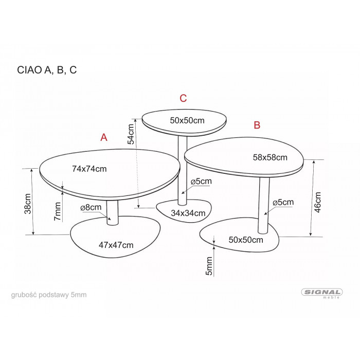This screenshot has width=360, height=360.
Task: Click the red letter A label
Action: click(x=104, y=137)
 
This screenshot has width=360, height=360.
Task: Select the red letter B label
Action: click(x=257, y=125)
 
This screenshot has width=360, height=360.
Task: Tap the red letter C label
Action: click(x=183, y=98)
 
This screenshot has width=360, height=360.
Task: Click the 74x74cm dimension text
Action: click(x=89, y=169)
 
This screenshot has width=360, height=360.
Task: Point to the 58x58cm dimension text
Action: click(x=270, y=157)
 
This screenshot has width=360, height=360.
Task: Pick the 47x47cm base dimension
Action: click(x=116, y=245)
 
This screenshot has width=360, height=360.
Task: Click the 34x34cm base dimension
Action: click(x=188, y=213)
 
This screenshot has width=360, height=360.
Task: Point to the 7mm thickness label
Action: click(x=58, y=211)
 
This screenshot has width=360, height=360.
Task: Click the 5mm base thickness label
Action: click(x=209, y=266)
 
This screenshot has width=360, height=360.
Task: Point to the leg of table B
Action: click(x=264, y=206)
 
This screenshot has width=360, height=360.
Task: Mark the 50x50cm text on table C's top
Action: click(x=187, y=120)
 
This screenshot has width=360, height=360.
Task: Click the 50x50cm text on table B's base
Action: click(x=246, y=240)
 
